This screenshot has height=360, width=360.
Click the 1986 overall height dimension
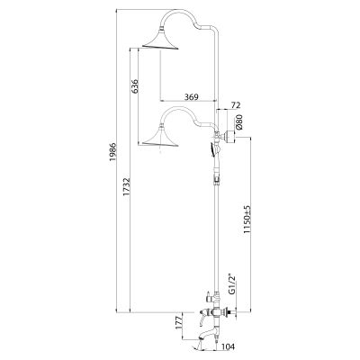click(112, 152)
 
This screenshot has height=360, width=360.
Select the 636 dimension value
click(135, 86)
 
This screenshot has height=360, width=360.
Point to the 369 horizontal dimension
click(191, 97)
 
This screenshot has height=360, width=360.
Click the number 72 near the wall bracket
click(236, 105)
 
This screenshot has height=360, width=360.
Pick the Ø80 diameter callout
click(238, 121)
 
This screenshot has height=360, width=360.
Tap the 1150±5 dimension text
click(247, 219)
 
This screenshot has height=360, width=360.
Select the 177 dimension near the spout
click(179, 322)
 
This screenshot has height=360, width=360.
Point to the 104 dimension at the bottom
click(229, 347)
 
